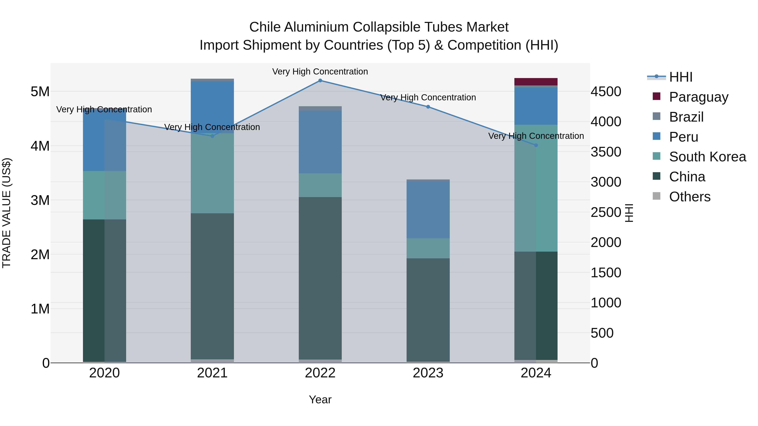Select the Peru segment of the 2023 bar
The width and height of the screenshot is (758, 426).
(x=428, y=210)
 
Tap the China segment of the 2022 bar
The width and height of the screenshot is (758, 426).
(x=320, y=278)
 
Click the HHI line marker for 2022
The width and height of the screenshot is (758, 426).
(x=320, y=80)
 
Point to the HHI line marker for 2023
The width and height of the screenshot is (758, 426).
(x=428, y=107)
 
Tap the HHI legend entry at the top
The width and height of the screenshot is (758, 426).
(x=680, y=77)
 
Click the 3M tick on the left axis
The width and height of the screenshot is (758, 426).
(x=40, y=200)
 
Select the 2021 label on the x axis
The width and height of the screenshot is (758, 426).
(x=212, y=373)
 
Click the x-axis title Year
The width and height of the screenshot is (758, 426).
(x=320, y=399)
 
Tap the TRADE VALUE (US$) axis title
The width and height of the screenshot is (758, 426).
(x=7, y=213)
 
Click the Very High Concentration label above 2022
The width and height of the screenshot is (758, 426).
(x=320, y=72)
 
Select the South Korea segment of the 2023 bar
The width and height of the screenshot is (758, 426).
(x=428, y=248)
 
